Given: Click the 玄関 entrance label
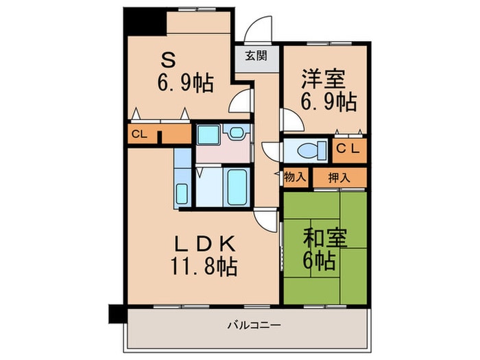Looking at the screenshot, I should coord(256,56).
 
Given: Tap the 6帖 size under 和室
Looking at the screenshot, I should coord(320,261).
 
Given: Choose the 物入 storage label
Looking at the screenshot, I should coord(295,177).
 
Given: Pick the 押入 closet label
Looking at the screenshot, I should coord(339,177).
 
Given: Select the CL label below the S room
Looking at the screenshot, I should coord(139,134).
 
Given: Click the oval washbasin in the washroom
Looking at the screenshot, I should coord(237,133).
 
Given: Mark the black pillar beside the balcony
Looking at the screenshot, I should coord(117,312).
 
